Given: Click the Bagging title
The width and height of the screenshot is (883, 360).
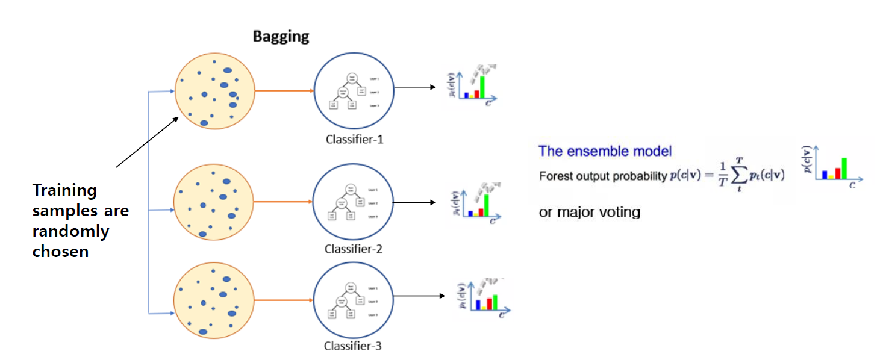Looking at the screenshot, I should tap(281, 36).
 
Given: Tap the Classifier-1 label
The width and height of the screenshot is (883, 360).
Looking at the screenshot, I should tap(354, 140).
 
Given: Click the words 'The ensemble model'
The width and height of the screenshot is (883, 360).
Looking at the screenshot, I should tap(605, 151).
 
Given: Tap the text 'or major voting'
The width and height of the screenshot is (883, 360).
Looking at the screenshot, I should tap(589, 212).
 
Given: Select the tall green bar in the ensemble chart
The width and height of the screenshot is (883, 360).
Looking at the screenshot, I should tap(844, 168).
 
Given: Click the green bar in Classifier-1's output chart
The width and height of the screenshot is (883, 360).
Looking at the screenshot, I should tap(482, 87).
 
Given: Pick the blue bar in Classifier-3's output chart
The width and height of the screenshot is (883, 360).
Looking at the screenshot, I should tap(477, 305).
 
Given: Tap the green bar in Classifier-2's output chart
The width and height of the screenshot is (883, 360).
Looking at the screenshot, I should tap(486, 205).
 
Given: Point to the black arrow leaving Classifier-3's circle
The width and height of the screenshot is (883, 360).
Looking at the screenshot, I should tap(419, 296).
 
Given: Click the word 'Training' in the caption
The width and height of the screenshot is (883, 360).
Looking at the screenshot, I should tap(64, 190).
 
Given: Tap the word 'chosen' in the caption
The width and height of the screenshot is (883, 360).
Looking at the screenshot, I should tap(60, 252).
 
